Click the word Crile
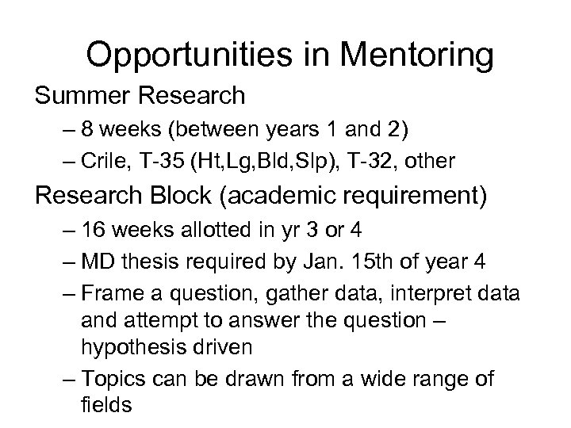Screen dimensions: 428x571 (x=100, y=161)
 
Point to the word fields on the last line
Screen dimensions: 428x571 (x=106, y=404)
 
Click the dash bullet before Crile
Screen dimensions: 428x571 (x=67, y=161)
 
